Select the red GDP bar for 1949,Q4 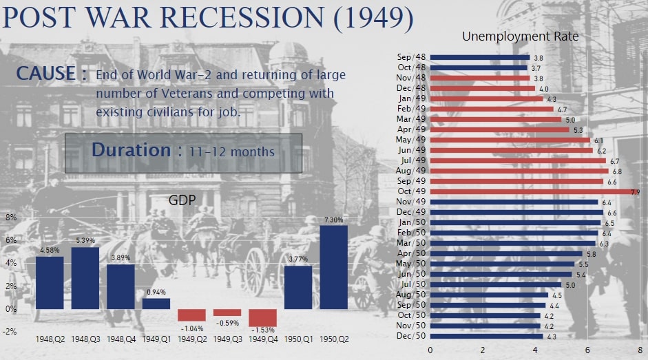pyautogui.click(x=262, y=317)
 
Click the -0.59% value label pyautogui.click(x=227, y=323)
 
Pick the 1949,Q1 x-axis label pyautogui.click(x=156, y=339)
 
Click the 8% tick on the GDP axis pyautogui.click(x=11, y=217)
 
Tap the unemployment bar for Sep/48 pyautogui.click(x=480, y=57)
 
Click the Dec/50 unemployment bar pyautogui.click(x=486, y=336)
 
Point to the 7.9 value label pyautogui.click(x=636, y=192)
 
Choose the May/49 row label pyautogui.click(x=412, y=140)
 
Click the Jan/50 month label pyautogui.click(x=412, y=223)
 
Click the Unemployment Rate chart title pyautogui.click(x=520, y=36)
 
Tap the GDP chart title pyautogui.click(x=182, y=200)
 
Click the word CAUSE pyautogui.click(x=46, y=74)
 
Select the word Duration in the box pyautogui.click(x=130, y=150)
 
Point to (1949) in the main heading pyautogui.click(x=373, y=19)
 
